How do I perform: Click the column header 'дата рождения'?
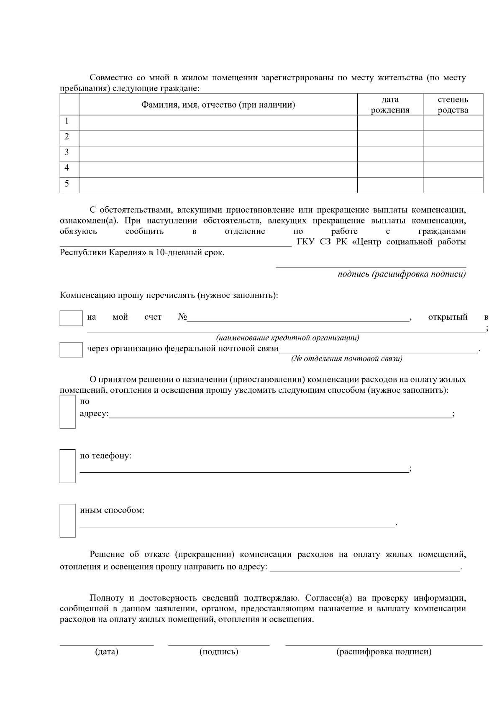[x=390, y=105]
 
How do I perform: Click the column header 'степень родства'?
[x=453, y=105]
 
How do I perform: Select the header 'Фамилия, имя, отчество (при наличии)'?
[x=218, y=105]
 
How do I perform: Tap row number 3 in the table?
[x=67, y=152]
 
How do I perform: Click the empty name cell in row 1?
[x=218, y=122]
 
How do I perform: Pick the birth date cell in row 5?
[x=390, y=185]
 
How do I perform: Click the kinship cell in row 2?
[x=453, y=138]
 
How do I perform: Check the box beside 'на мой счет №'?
[x=71, y=318]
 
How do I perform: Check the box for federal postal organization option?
[x=71, y=349]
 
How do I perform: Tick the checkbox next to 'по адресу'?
[x=67, y=412]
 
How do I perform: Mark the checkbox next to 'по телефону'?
[x=67, y=466]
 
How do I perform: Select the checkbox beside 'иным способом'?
[x=67, y=520]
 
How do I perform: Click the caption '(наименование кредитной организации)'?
[x=287, y=338]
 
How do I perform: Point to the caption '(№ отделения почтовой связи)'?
[x=346, y=359]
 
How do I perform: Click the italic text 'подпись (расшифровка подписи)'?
[x=402, y=274]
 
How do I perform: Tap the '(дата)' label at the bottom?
[x=107, y=652]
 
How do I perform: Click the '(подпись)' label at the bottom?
[x=219, y=652]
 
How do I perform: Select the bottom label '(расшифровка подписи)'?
[x=384, y=652]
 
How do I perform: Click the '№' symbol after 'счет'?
[x=182, y=317]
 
